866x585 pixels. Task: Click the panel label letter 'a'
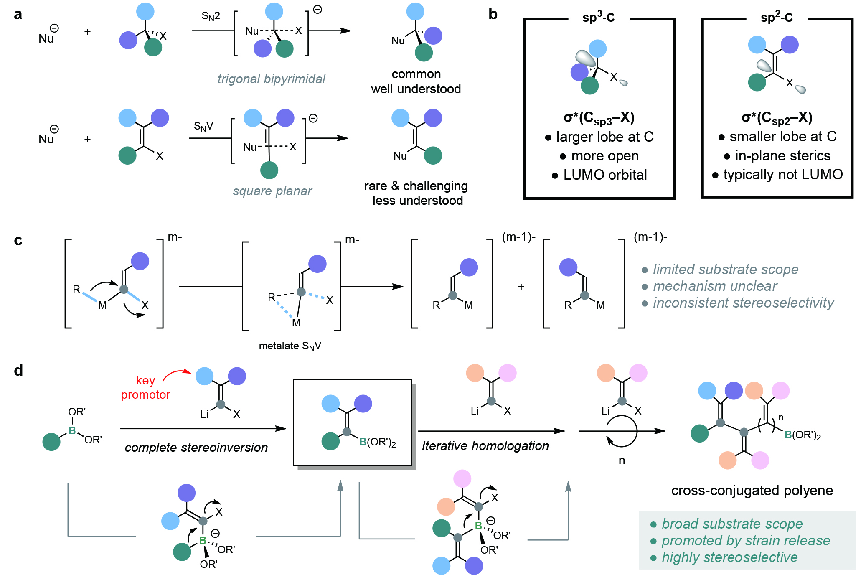(18, 15)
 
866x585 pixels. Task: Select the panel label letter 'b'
(493, 15)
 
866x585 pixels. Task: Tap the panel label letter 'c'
(18, 241)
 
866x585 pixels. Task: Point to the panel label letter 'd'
(18, 371)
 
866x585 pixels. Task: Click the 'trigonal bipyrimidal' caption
(271, 79)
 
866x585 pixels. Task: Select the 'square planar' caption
(272, 191)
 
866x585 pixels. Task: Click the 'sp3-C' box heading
(598, 18)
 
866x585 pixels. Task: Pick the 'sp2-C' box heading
(777, 18)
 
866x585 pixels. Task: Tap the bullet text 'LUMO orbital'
(604, 175)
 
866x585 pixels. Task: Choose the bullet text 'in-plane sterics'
(782, 156)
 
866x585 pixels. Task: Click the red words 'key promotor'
(145, 388)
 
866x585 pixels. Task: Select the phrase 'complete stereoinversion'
(196, 448)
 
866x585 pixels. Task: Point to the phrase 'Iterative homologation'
(485, 446)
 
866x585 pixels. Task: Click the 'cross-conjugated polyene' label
(752, 490)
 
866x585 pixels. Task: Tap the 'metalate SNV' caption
(290, 346)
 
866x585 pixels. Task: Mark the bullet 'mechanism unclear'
(715, 286)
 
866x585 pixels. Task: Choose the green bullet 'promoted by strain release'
(746, 541)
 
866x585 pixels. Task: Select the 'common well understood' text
(416, 81)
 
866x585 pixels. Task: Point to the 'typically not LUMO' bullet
(783, 175)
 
